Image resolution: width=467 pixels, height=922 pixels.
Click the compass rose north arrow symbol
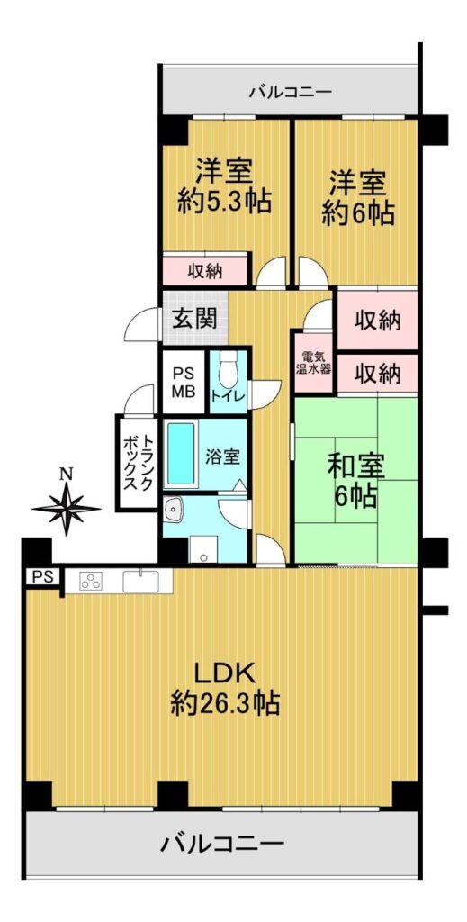click(x=66, y=507)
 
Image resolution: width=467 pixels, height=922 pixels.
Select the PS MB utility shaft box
click(x=184, y=382)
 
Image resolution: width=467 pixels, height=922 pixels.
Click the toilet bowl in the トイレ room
click(x=226, y=369)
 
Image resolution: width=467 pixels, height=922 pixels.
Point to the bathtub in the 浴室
click(x=181, y=455)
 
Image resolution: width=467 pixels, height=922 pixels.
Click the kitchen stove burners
click(x=91, y=582)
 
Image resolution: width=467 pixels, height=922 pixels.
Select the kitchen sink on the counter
click(x=140, y=581)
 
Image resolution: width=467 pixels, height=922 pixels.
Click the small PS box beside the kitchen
click(x=41, y=577)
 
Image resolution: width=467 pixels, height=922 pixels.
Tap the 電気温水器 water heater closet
click(x=315, y=364)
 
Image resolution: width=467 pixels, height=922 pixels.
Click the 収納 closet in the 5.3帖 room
click(x=205, y=271)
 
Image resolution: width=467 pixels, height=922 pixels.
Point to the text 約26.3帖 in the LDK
click(x=224, y=702)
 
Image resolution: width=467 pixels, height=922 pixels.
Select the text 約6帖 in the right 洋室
click(x=357, y=214)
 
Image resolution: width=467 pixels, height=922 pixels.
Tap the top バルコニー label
click(x=291, y=92)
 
